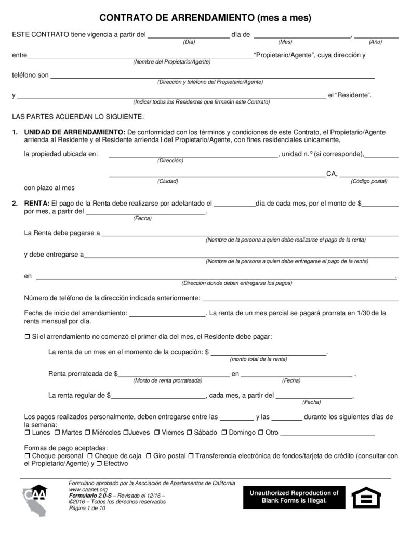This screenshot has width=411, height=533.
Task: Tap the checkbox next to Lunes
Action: pos(28,433)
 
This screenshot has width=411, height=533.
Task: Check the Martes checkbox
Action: pos(57,433)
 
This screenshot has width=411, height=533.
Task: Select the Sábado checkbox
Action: pos(190,433)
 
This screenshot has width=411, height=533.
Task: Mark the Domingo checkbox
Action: pos(224,433)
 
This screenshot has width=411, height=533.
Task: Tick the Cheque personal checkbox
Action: pos(28,456)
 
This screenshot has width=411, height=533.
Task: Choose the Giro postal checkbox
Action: pos(149,456)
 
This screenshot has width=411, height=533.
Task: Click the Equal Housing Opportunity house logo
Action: pos(366,498)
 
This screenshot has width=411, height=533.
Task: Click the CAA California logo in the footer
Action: pos(35,500)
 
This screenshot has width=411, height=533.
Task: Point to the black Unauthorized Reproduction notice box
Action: pos(294,497)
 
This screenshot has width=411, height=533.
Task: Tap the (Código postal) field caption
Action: pos(369,181)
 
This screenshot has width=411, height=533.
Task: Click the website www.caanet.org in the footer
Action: pos(88,490)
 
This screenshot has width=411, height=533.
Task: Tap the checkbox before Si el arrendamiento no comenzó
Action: pos(28,337)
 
